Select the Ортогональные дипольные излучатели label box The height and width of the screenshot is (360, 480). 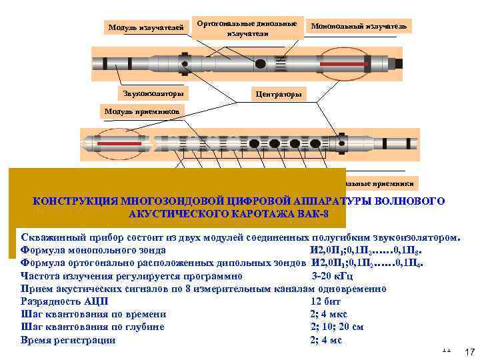point(247,27)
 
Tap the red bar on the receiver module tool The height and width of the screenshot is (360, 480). point(121,143)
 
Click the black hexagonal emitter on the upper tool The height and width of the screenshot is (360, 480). point(261,63)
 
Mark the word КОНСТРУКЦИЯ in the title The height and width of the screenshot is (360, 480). point(74,201)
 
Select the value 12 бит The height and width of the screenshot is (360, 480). point(323,301)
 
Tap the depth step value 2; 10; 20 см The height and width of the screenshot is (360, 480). point(337,327)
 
